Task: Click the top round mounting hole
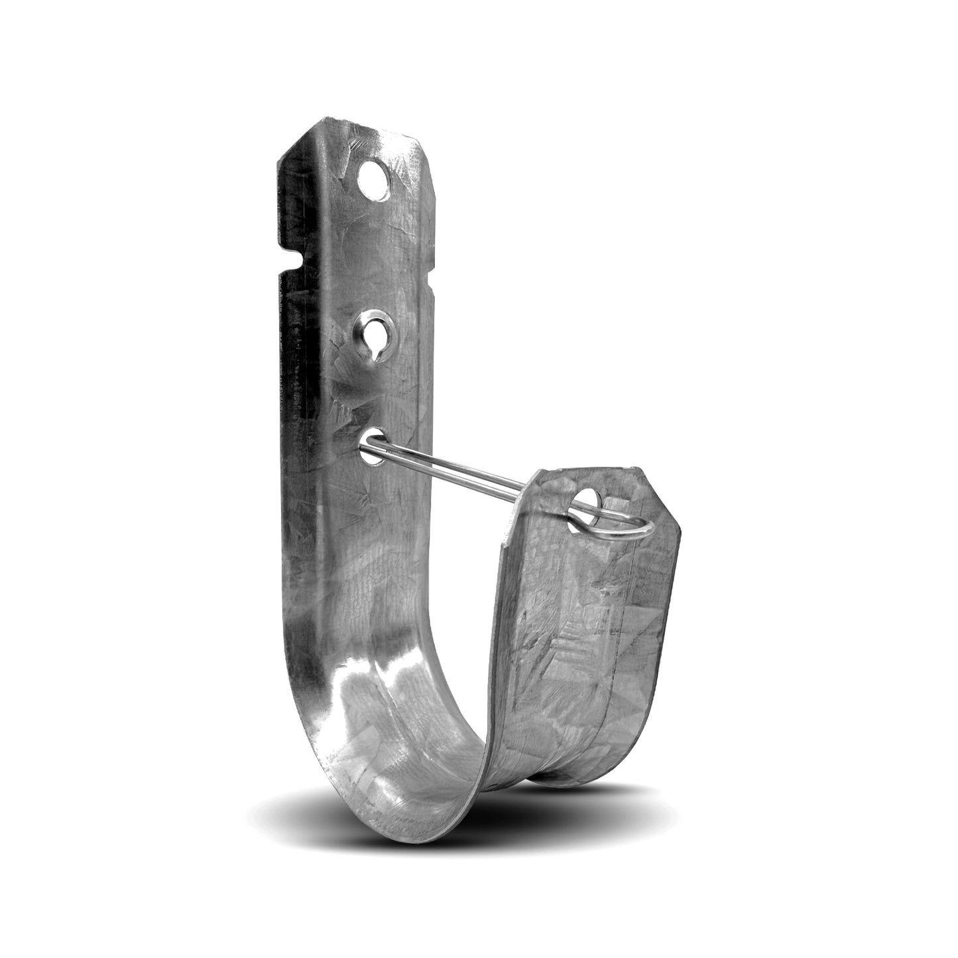(x=374, y=177)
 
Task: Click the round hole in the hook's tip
(x=584, y=501)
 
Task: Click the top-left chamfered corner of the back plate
(x=285, y=143)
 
